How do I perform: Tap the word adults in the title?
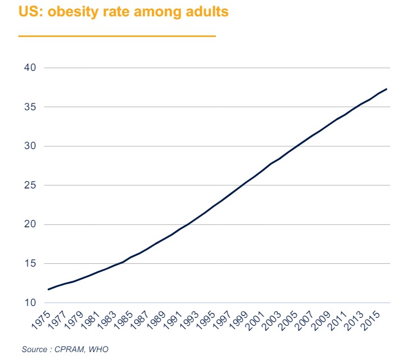(206, 12)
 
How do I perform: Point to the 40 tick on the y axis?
(30, 68)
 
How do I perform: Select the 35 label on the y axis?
(30, 107)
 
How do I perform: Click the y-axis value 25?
(30, 186)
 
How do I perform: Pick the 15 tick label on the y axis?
(30, 264)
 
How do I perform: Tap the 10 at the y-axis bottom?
(30, 303)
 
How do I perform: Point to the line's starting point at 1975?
(48, 289)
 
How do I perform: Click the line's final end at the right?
(387, 89)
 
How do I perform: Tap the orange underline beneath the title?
(117, 36)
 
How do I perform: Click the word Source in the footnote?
(34, 349)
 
